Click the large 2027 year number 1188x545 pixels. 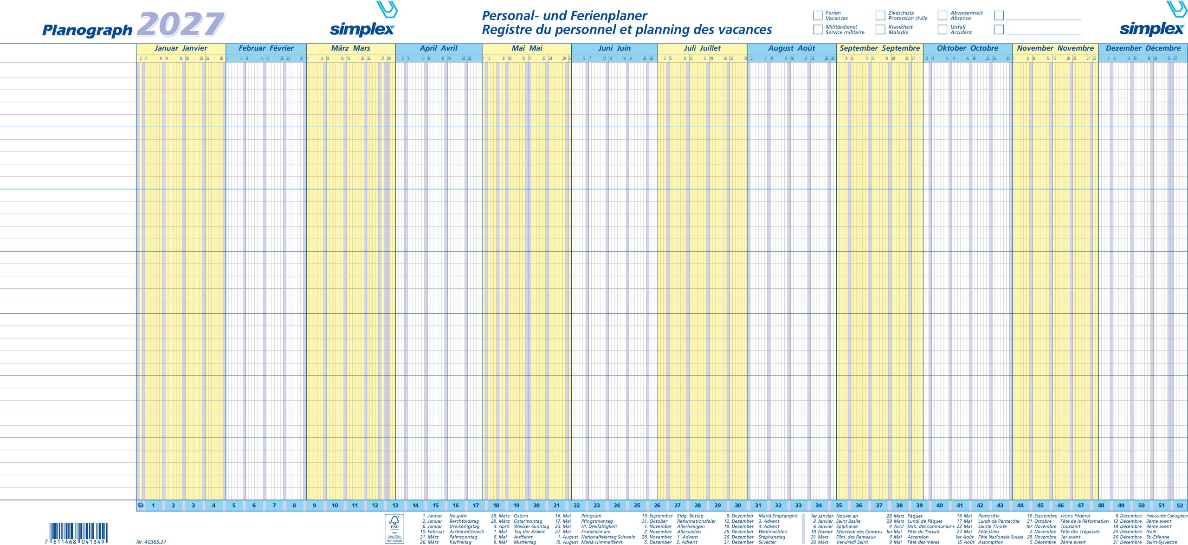click(x=181, y=24)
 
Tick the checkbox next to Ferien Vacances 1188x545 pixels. click(x=818, y=15)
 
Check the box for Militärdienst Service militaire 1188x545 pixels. click(x=818, y=29)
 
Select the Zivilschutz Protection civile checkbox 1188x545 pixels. click(x=880, y=15)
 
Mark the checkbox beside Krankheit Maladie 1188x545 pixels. click(x=880, y=29)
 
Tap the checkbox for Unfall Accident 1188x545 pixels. click(x=943, y=29)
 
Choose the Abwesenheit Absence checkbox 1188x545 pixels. click(x=943, y=15)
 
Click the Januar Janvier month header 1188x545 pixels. click(x=181, y=48)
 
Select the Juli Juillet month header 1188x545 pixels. click(x=702, y=48)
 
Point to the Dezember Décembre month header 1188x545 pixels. click(x=1143, y=48)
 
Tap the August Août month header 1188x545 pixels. click(x=792, y=48)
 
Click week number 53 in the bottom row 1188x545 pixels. click(x=140, y=506)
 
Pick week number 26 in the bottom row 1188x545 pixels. click(x=657, y=506)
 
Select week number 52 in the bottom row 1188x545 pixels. click(x=1180, y=506)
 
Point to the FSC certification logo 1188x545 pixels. click(x=394, y=528)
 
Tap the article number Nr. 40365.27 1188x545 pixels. click(x=151, y=542)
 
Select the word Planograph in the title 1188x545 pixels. click(x=87, y=30)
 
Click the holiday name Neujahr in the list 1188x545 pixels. click(x=458, y=516)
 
